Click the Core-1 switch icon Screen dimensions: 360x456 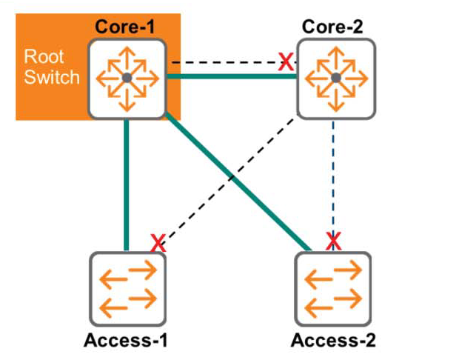(127, 77)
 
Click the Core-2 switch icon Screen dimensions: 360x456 (335, 78)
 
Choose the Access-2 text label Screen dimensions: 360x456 (334, 341)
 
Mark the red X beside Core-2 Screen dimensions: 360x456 (285, 62)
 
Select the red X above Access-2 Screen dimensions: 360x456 (334, 240)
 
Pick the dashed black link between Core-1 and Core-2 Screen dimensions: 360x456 (222, 62)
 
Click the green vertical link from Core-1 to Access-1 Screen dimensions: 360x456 (127, 185)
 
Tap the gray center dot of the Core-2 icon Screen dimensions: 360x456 (335, 78)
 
